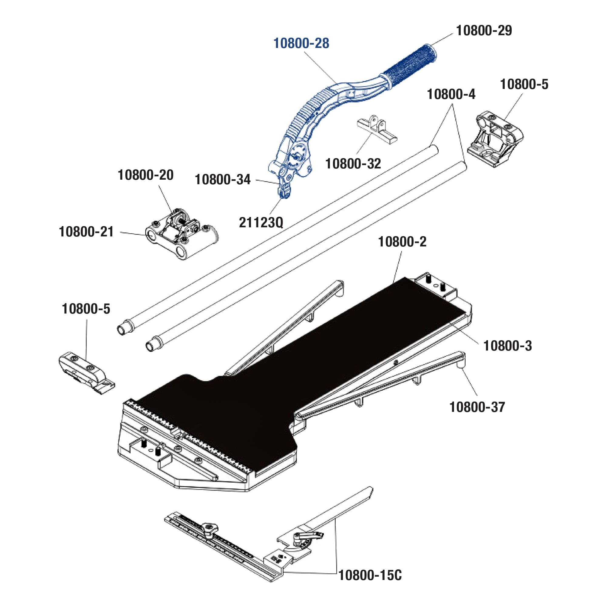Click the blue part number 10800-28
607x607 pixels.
[301, 43]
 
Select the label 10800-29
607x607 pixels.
[484, 30]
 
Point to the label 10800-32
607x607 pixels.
[353, 164]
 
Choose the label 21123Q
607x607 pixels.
[261, 222]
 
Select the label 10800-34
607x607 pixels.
[222, 180]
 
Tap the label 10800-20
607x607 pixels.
[145, 175]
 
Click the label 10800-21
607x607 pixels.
[86, 232]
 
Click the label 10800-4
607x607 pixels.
[451, 94]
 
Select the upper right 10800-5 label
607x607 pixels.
[524, 84]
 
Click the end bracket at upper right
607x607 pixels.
[495, 138]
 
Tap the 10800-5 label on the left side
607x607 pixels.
[86, 309]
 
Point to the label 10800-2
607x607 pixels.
[402, 242]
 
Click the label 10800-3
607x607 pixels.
[507, 346]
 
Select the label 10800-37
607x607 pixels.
[477, 407]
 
